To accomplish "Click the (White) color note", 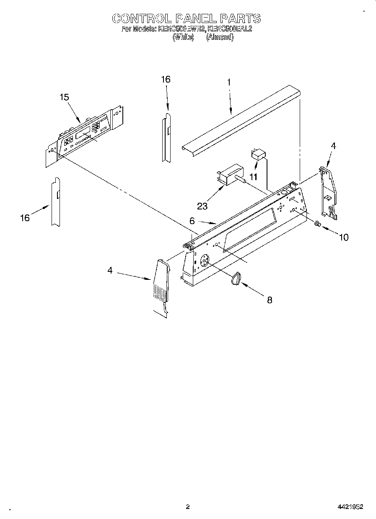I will click(x=184, y=37).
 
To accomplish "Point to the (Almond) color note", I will click(x=220, y=37).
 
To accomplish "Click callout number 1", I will click(x=229, y=83).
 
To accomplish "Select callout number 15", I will click(x=64, y=97).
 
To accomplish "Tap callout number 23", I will click(x=202, y=206).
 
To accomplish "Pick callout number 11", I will click(x=253, y=177).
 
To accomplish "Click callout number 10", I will click(x=343, y=238).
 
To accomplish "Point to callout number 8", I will click(x=270, y=300).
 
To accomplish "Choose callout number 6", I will click(x=192, y=220).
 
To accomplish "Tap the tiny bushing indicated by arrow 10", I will click(x=318, y=224).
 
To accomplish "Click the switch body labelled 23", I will click(x=230, y=173).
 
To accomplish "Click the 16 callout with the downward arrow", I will click(x=166, y=79).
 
